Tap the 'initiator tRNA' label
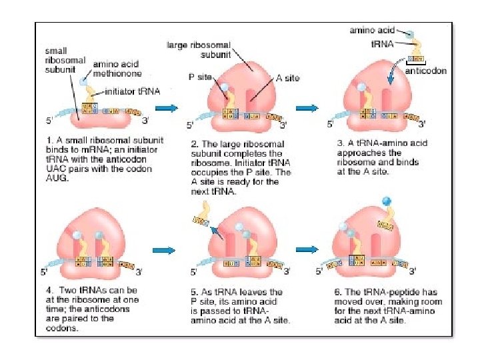(132, 91)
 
